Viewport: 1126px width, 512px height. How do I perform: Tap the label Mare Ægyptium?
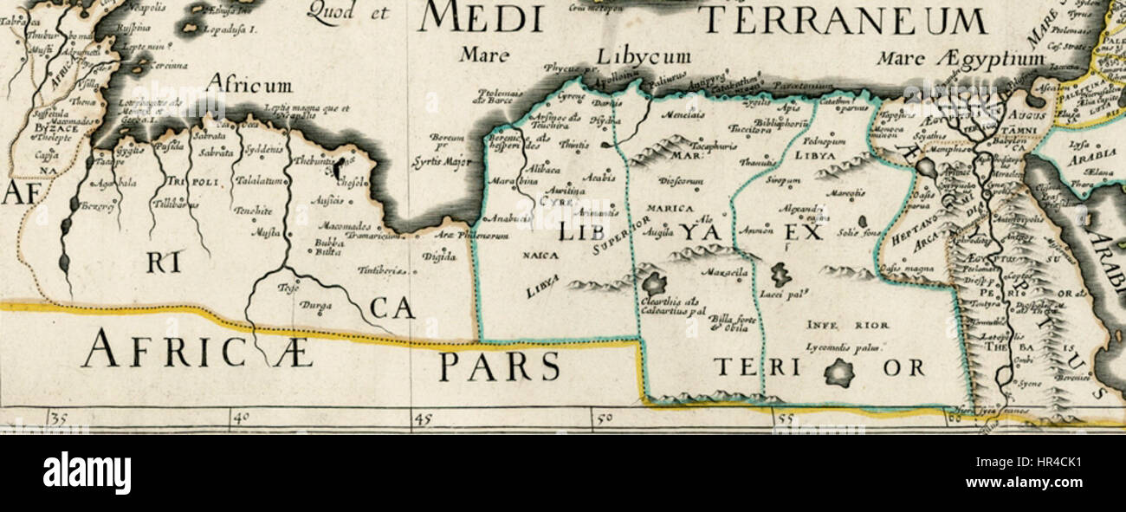coord(961,59)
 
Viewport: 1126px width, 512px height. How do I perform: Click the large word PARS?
coord(499,366)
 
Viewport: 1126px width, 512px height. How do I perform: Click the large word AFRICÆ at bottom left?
coord(197,351)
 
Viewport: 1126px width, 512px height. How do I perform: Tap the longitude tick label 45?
coord(422,418)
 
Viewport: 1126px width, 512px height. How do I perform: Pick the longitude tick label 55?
coord(786,418)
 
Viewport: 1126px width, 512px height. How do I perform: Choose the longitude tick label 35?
coord(58,418)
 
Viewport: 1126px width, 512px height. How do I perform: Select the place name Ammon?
coord(754,230)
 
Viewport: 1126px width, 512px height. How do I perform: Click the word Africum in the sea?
coord(249,85)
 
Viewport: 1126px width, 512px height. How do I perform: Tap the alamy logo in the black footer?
coord(87,473)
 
